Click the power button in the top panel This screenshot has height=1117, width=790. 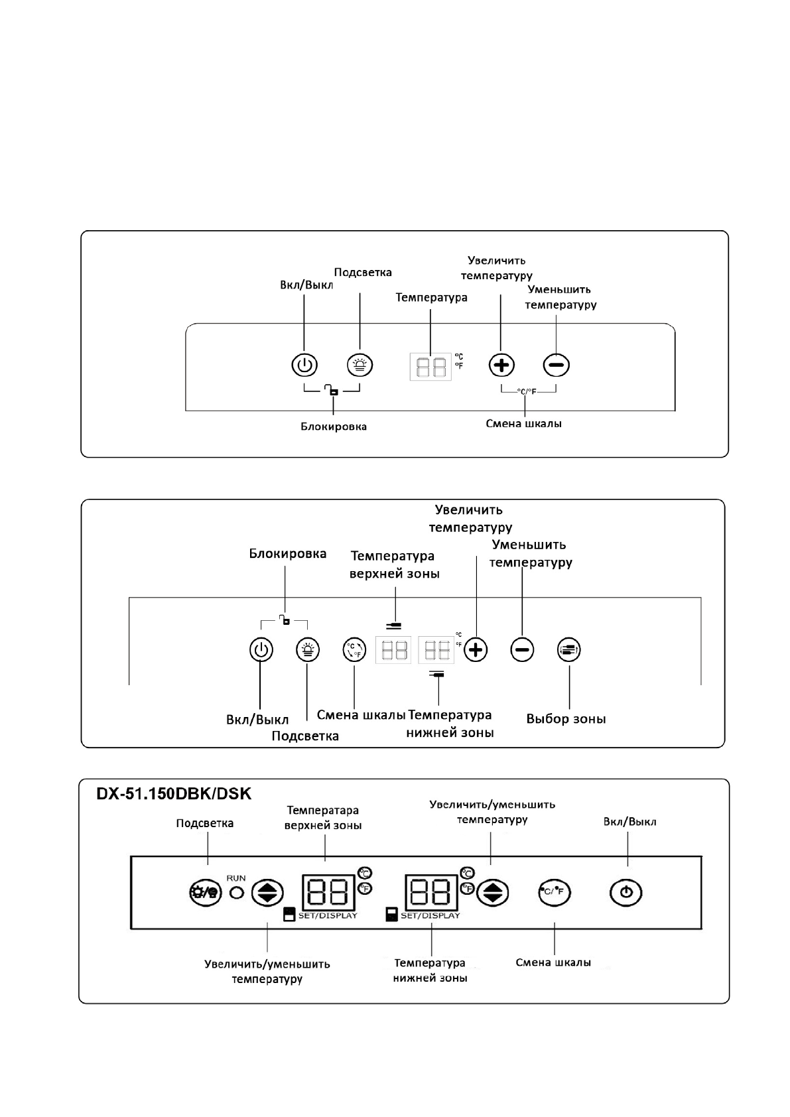pos(304,365)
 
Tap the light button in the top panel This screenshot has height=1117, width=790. pos(360,365)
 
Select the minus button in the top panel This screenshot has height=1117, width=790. pos(556,365)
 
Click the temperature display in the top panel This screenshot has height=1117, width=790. pos(430,366)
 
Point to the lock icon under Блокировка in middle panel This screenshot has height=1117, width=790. pos(285,621)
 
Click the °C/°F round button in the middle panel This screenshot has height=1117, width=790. pos(354,650)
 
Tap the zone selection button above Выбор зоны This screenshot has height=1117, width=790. pos(569,650)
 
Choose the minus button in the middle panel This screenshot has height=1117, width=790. pos(522,650)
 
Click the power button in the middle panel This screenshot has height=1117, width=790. pos(261,650)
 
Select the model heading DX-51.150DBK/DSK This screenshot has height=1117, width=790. pos(174,794)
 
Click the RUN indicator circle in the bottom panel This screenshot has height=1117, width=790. pos(236,893)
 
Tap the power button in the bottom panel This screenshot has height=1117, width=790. pos(625,892)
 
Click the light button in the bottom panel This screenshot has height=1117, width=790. pos(205,892)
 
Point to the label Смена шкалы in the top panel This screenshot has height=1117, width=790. pos(523,423)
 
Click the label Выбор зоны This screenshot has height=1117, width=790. pos(566,719)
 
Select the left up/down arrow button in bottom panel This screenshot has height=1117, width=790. pos(267,893)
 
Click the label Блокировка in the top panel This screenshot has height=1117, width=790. pos(334,427)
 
